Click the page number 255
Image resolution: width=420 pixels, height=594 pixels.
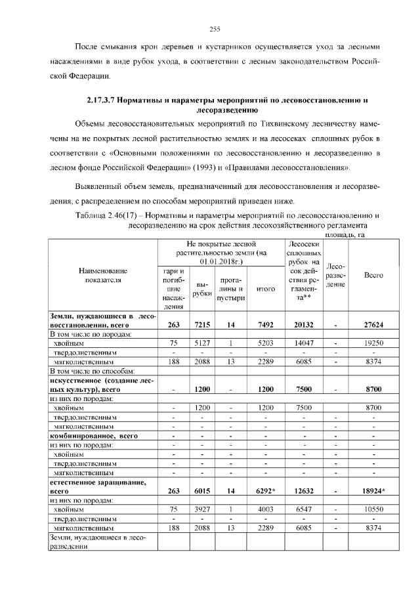pyautogui.click(x=214, y=28)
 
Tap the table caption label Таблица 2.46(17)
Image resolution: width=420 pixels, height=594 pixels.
pyautogui.click(x=109, y=215)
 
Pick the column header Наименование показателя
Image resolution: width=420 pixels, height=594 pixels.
pyautogui.click(x=103, y=276)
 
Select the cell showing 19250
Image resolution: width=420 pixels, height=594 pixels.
pyautogui.click(x=373, y=342)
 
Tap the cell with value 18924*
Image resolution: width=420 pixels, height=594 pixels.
pyautogui.click(x=373, y=490)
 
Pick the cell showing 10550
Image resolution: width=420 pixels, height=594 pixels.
pyautogui.click(x=373, y=509)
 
